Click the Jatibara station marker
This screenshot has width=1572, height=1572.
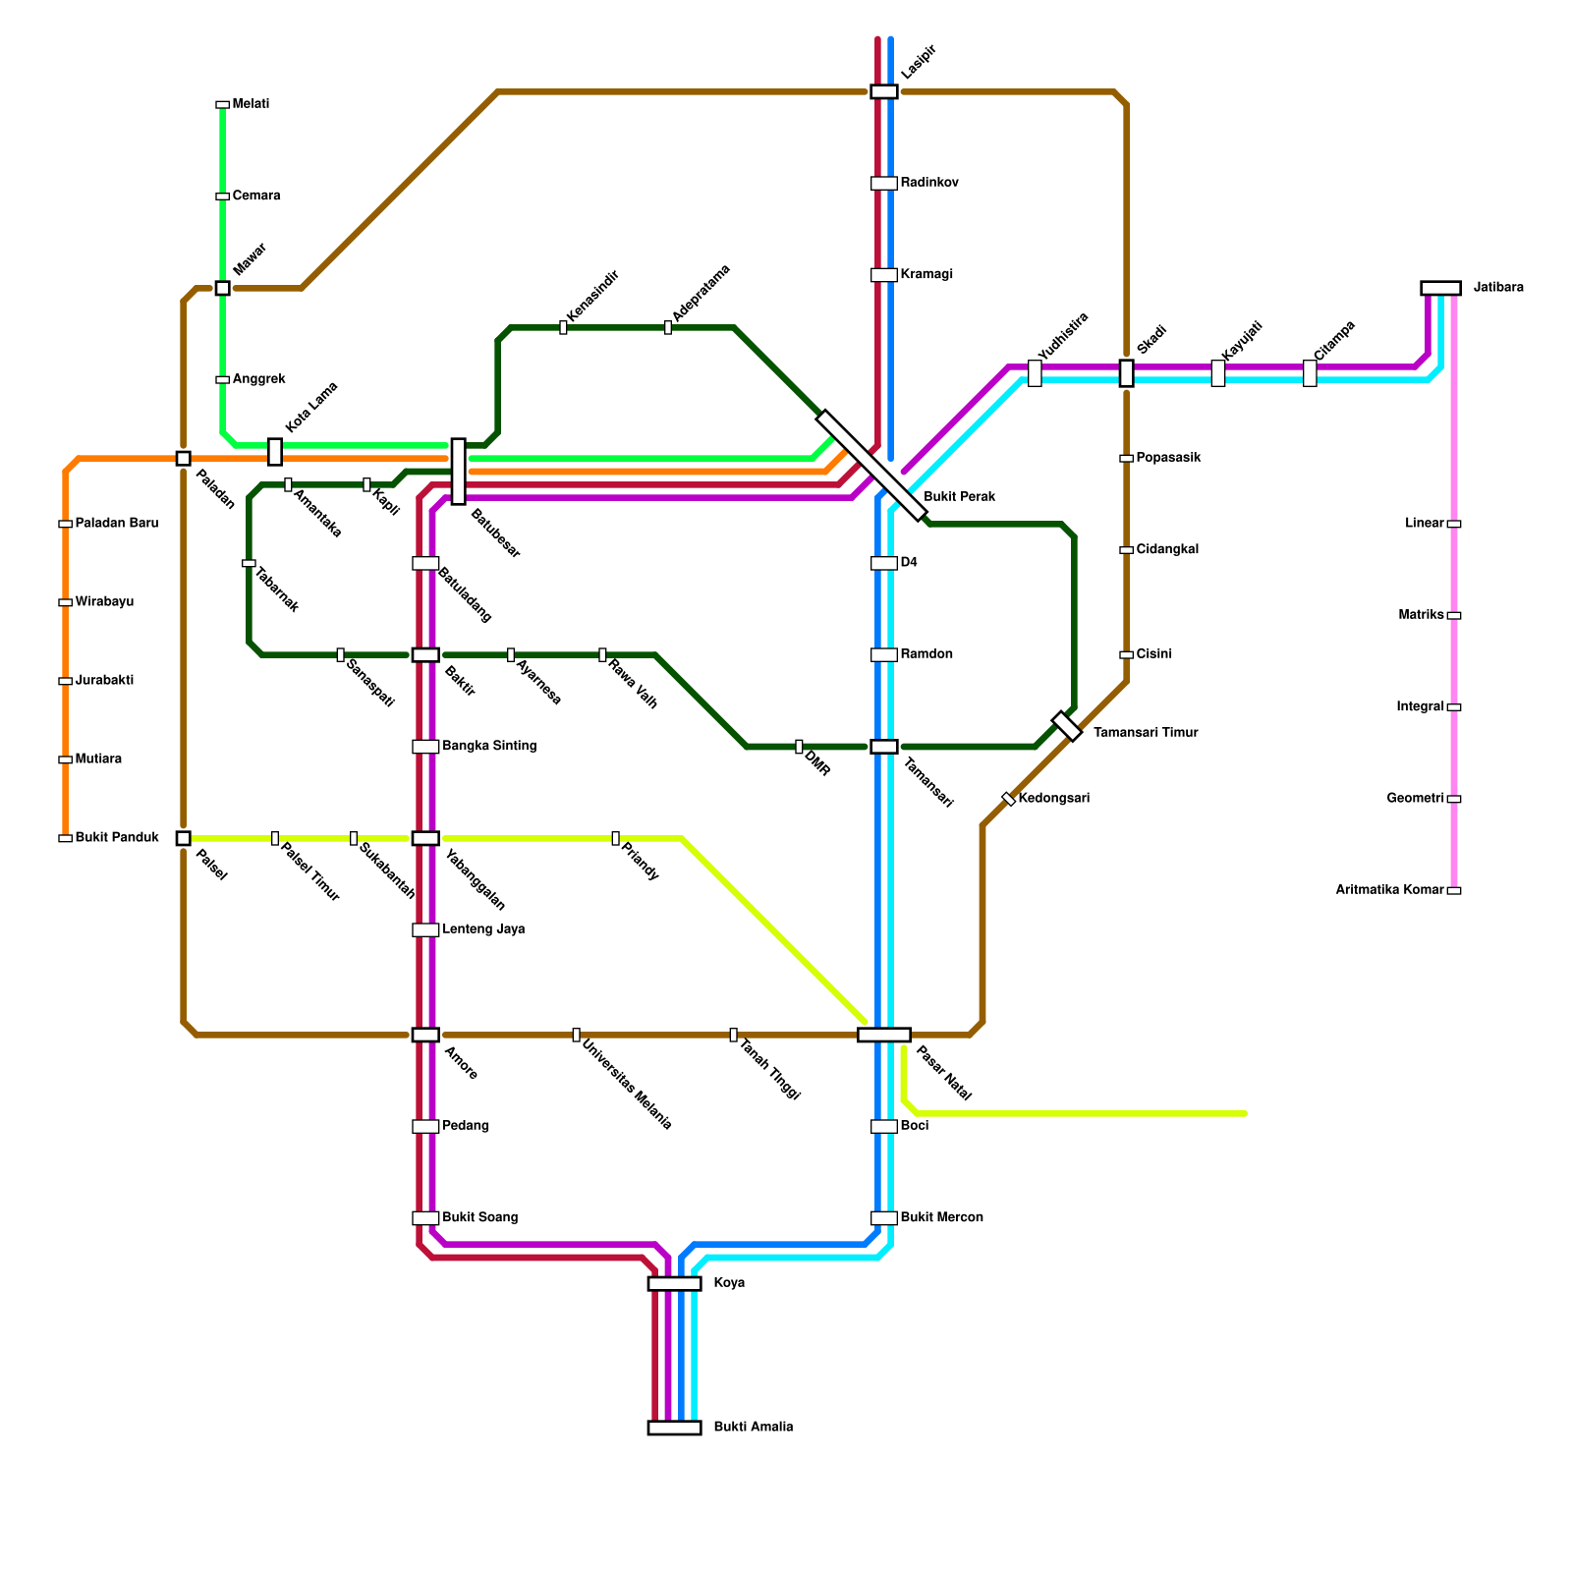pyautogui.click(x=1440, y=288)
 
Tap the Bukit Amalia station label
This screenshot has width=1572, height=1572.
pyautogui.click(x=753, y=1427)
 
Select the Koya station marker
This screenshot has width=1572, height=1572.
pyautogui.click(x=674, y=1283)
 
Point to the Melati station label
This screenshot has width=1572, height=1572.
pyautogui.click(x=251, y=104)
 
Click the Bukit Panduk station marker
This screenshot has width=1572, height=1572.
pyautogui.click(x=65, y=838)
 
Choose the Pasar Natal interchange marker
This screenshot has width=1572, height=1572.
pyautogui.click(x=883, y=1035)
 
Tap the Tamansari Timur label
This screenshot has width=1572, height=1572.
pyautogui.click(x=1146, y=733)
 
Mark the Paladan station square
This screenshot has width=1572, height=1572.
pyautogui.click(x=183, y=458)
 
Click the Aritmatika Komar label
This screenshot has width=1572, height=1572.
pyautogui.click(x=1389, y=890)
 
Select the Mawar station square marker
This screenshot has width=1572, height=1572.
pyautogui.click(x=222, y=288)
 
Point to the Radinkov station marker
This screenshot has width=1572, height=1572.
pyautogui.click(x=883, y=183)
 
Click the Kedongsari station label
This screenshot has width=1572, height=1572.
pyautogui.click(x=1054, y=798)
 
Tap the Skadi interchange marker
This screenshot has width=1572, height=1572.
pyautogui.click(x=1126, y=373)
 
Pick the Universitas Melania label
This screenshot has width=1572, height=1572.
pyautogui.click(x=627, y=1085)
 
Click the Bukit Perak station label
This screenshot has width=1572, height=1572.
pyautogui.click(x=959, y=497)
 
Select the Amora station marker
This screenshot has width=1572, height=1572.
pyautogui.click(x=425, y=1035)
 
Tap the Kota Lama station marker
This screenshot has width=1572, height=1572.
pyautogui.click(x=275, y=452)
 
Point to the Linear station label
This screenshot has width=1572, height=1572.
pyautogui.click(x=1424, y=524)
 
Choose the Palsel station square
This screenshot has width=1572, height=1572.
pyautogui.click(x=183, y=838)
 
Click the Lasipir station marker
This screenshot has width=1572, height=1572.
pyautogui.click(x=883, y=91)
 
